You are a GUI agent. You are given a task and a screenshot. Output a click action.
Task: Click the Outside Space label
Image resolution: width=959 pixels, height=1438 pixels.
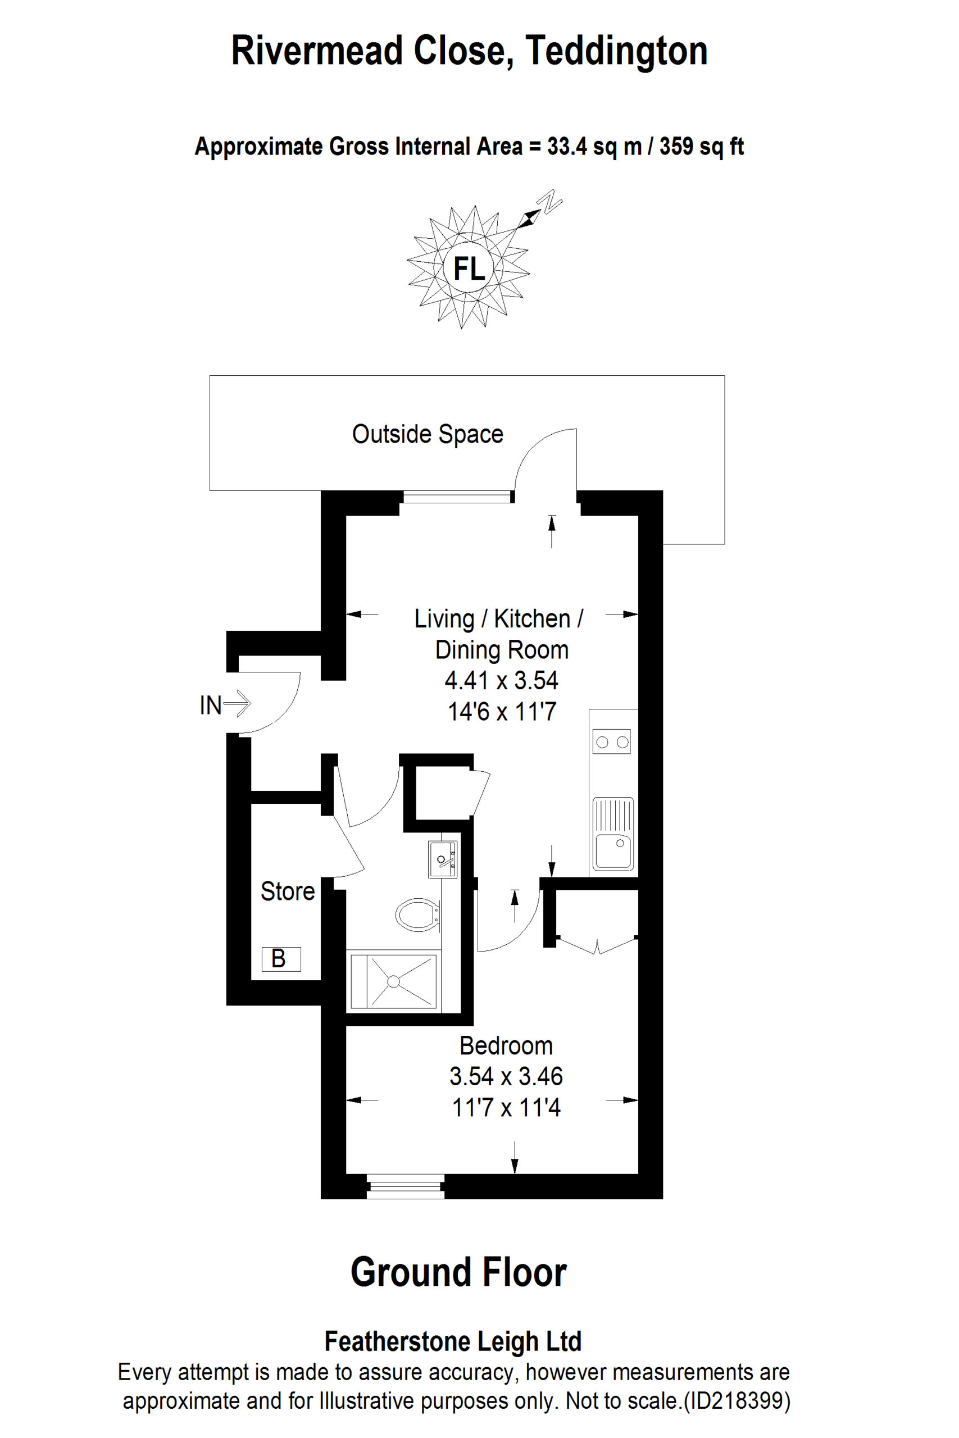click(428, 434)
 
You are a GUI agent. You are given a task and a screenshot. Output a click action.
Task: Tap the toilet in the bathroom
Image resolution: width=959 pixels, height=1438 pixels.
click(418, 914)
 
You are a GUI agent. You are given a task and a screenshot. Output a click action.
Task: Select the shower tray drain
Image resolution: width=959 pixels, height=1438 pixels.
click(393, 981)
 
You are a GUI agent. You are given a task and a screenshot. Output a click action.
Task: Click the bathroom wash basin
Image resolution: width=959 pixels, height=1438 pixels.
click(442, 859)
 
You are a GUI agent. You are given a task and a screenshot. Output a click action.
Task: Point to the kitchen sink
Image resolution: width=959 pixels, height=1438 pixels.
click(613, 834)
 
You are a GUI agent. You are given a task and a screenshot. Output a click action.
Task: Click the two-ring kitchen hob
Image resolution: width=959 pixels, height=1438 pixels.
click(612, 741)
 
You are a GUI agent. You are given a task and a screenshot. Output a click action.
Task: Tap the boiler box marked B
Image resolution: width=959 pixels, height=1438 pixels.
click(281, 959)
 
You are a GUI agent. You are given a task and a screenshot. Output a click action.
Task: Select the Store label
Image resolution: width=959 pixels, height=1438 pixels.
click(288, 891)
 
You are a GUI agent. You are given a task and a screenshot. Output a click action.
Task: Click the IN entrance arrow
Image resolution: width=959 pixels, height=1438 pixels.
click(237, 703)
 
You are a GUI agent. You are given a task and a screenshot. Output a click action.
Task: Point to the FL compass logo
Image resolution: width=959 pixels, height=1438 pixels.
click(469, 268)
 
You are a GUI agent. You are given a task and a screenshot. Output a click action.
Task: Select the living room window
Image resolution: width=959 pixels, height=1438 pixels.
click(457, 497)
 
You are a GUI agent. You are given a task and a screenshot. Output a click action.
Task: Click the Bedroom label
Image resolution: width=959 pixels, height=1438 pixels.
click(506, 1045)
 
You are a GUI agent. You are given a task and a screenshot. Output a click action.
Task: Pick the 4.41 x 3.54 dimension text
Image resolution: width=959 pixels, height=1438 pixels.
click(502, 680)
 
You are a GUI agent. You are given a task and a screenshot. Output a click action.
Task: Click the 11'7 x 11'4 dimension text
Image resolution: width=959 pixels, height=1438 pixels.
click(506, 1107)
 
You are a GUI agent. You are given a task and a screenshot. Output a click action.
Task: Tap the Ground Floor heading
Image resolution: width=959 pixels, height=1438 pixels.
click(458, 1272)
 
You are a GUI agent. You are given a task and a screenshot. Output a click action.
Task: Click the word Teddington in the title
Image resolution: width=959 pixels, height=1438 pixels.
click(616, 50)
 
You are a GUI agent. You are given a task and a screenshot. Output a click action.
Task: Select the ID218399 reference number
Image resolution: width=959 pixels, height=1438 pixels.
click(735, 1400)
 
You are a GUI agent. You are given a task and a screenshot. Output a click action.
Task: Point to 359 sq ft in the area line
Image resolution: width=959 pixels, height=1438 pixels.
click(701, 147)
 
